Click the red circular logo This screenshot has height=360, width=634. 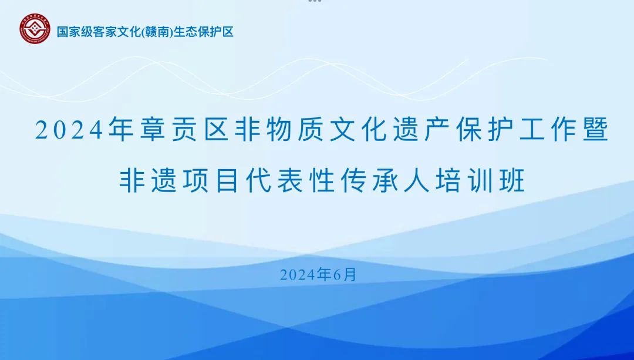(x=35, y=29)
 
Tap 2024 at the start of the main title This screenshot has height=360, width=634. (x=69, y=130)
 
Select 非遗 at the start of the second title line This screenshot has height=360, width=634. (x=148, y=180)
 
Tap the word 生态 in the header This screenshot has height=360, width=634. (x=185, y=32)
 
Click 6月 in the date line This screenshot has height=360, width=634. (x=345, y=275)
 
